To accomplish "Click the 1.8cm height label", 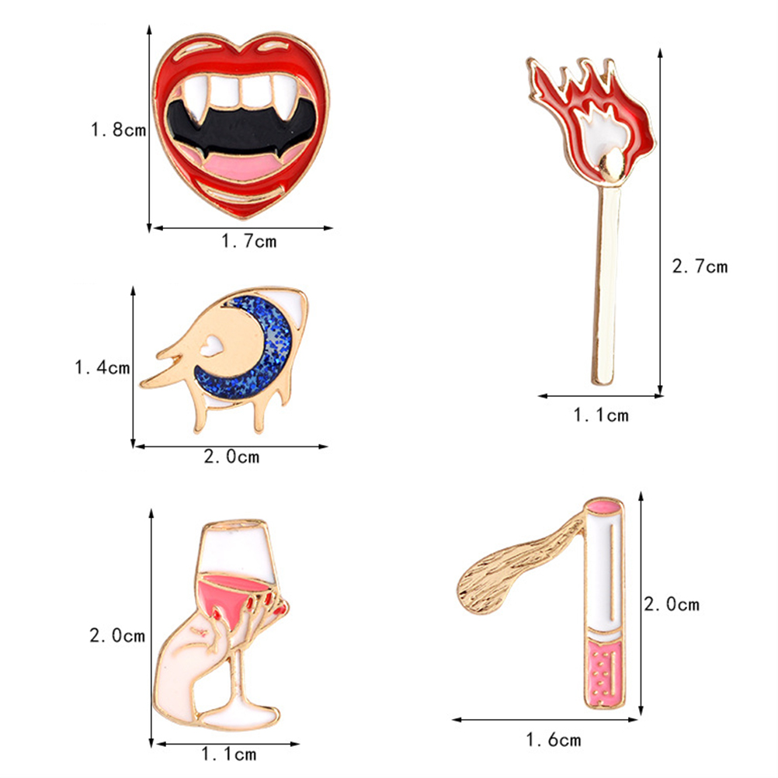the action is click(x=118, y=130).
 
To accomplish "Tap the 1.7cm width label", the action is click(x=248, y=241).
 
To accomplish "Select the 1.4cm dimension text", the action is click(x=102, y=367).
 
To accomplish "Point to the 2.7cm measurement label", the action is click(x=700, y=266).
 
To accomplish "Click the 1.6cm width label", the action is click(x=554, y=740).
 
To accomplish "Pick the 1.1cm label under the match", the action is click(x=601, y=415).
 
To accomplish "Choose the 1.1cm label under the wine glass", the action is click(x=229, y=754).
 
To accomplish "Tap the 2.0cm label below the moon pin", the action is click(x=231, y=457).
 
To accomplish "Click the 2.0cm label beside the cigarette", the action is click(x=672, y=604).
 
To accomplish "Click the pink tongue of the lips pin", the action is click(x=241, y=166).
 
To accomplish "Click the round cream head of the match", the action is click(x=611, y=165).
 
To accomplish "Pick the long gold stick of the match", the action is click(x=606, y=285).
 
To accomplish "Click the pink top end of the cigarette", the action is click(x=603, y=506).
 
